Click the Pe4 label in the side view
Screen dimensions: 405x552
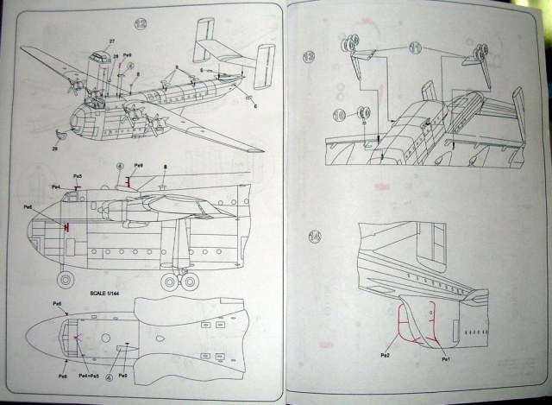coord(55,187)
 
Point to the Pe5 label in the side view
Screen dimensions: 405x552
coord(78,176)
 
